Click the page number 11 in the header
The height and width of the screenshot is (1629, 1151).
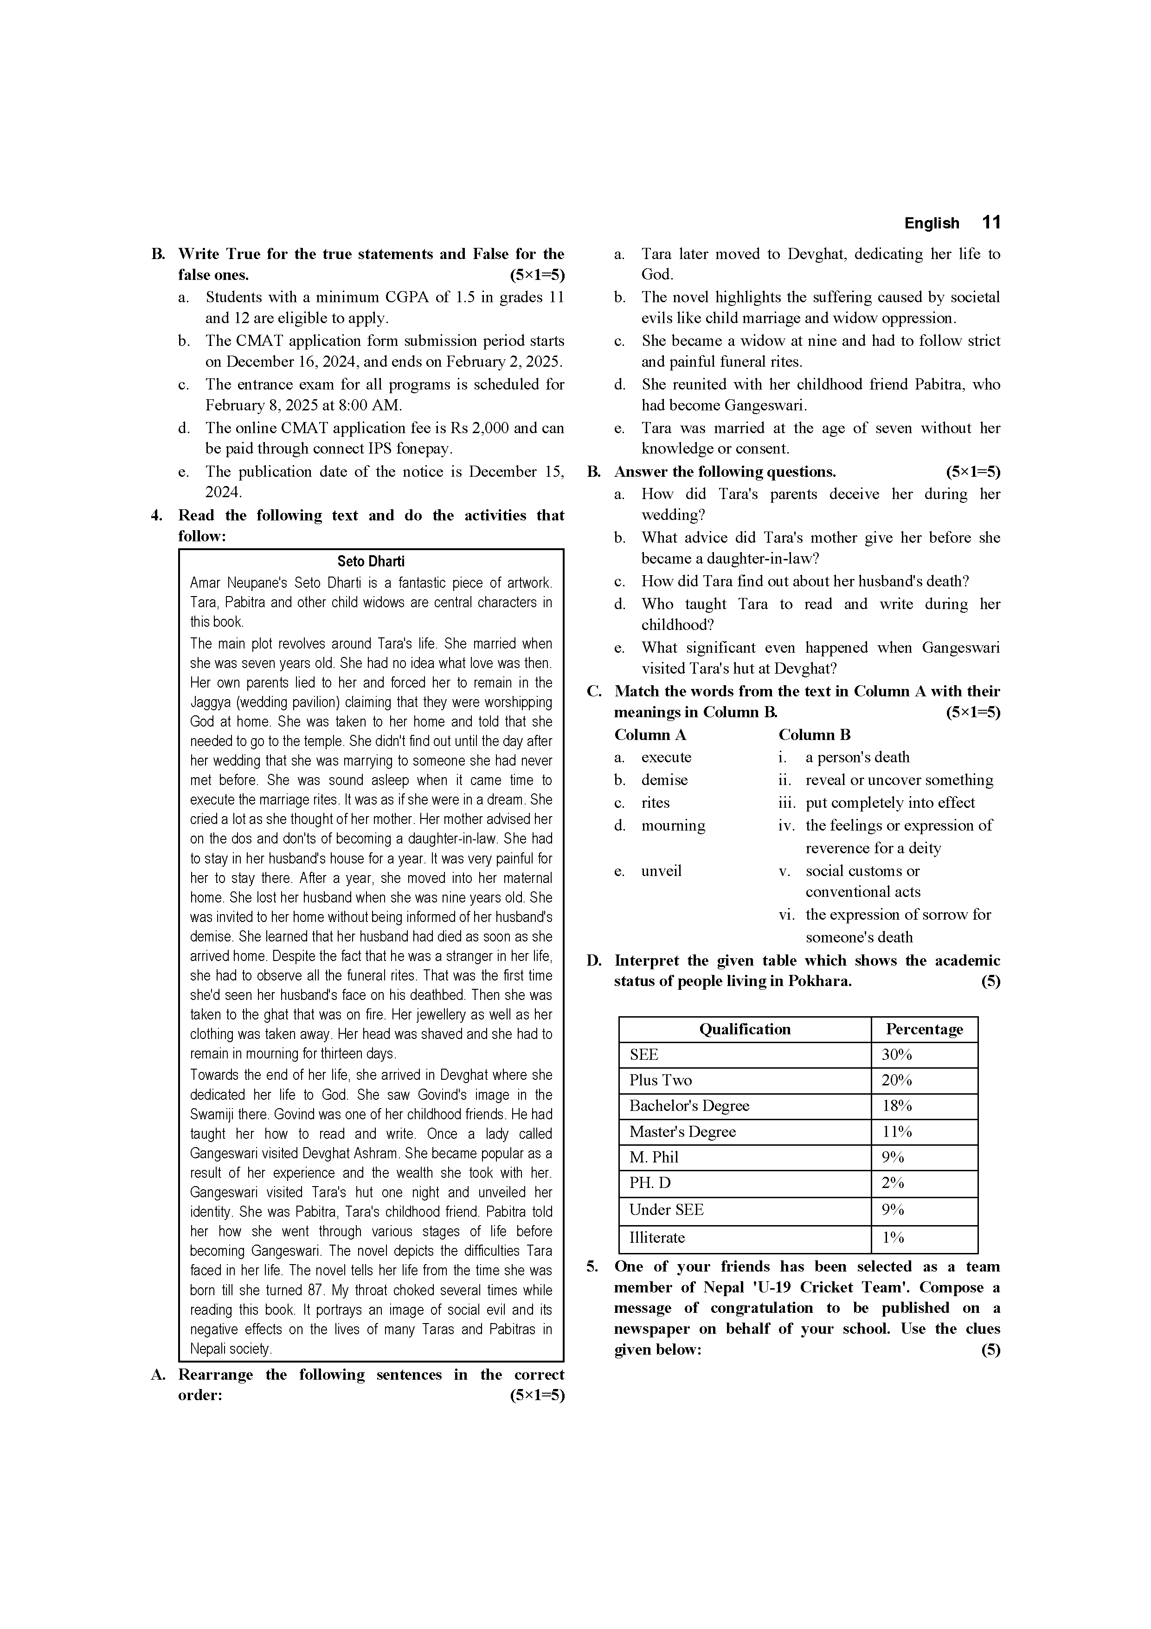[x=991, y=223]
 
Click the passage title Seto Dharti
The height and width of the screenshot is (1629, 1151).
[x=371, y=561]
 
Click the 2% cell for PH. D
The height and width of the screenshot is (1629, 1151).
[x=893, y=1183]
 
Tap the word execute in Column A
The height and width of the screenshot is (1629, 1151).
[x=666, y=757]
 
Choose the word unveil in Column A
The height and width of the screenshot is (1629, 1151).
[x=661, y=870]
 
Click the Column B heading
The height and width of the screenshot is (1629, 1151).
[x=814, y=735]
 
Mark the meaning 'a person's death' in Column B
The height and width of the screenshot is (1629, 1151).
[x=857, y=757]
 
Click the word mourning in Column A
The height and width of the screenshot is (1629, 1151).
[x=673, y=825]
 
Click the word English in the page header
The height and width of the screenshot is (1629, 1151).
[x=931, y=223]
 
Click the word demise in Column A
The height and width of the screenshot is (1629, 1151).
[x=664, y=780]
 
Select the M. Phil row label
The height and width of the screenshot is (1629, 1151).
[x=653, y=1157]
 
